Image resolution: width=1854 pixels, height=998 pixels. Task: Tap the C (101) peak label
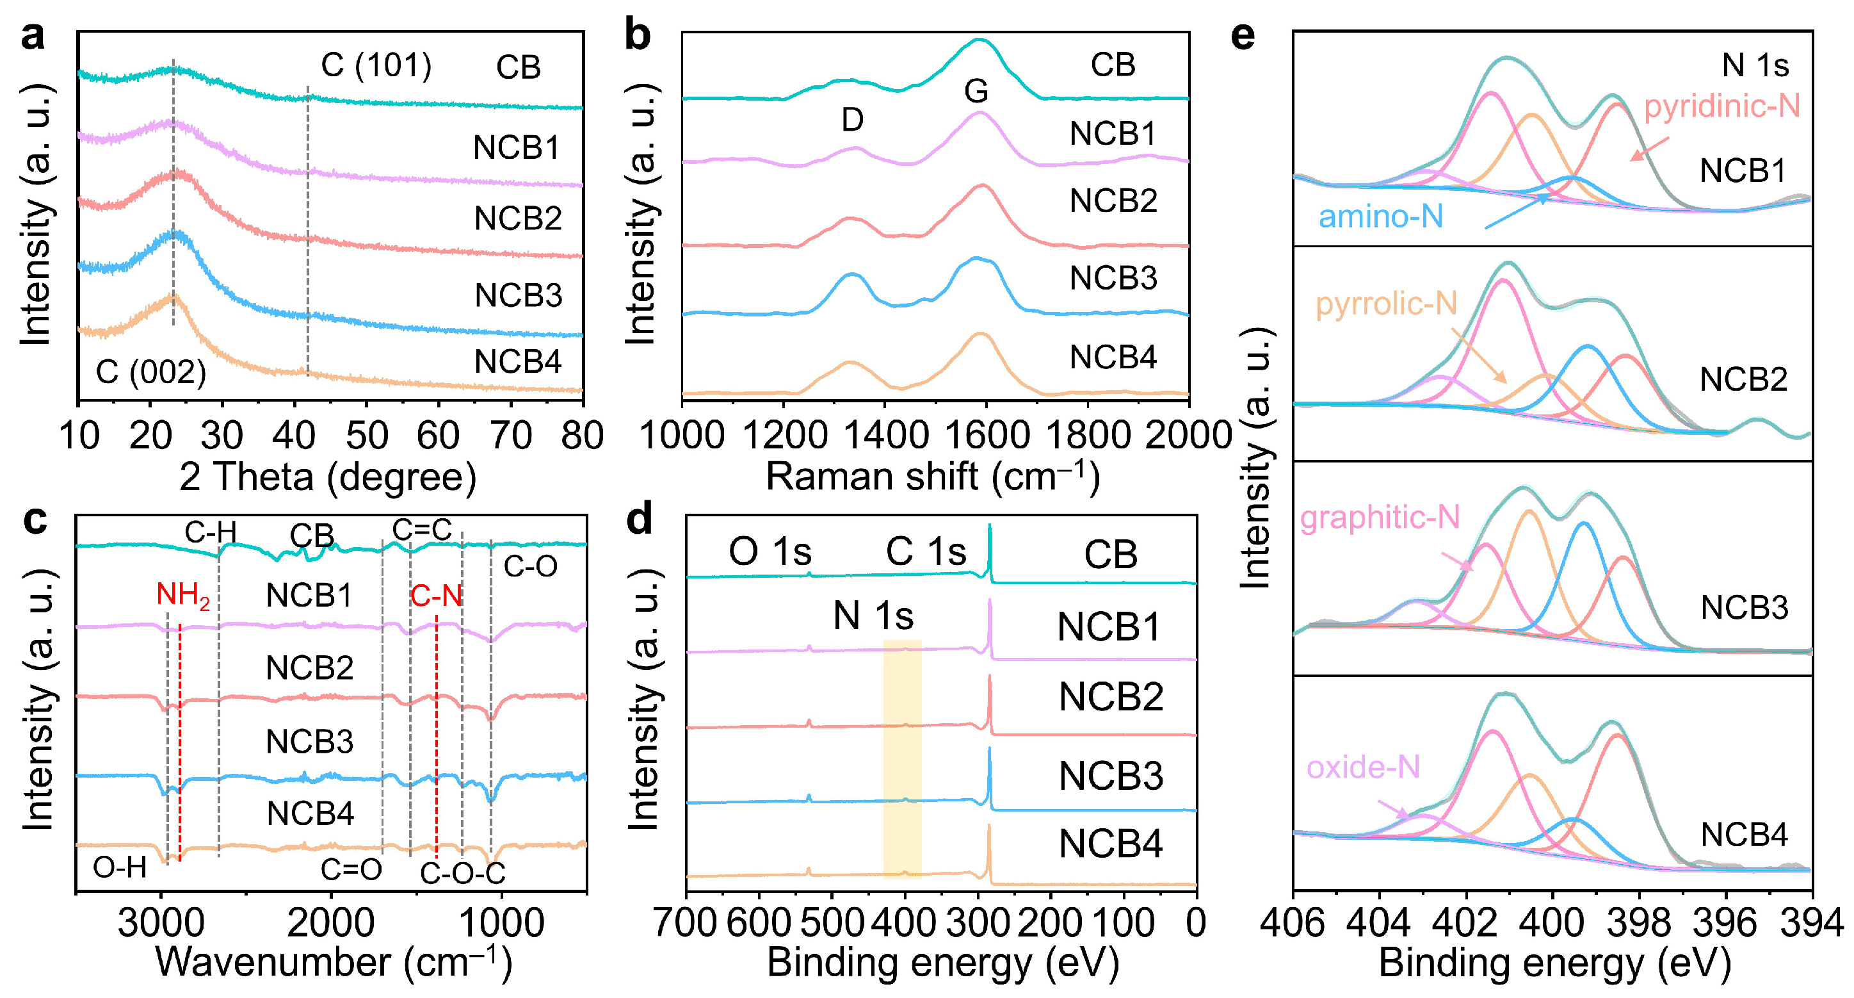376,65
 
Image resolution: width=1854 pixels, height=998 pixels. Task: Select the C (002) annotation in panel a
151,372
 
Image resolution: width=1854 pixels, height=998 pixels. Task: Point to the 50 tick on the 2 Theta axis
366,436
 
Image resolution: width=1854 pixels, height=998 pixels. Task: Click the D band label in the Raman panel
852,120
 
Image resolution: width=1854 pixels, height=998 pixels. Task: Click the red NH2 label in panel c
183,596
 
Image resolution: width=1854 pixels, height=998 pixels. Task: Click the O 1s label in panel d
770,552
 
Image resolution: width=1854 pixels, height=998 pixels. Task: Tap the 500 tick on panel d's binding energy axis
832,922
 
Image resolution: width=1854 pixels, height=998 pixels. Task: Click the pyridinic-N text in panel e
1721,106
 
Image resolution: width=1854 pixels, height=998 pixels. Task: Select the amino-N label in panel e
1380,217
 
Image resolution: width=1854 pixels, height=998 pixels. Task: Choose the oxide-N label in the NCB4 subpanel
1362,767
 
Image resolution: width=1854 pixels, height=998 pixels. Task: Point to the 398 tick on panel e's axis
1640,922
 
